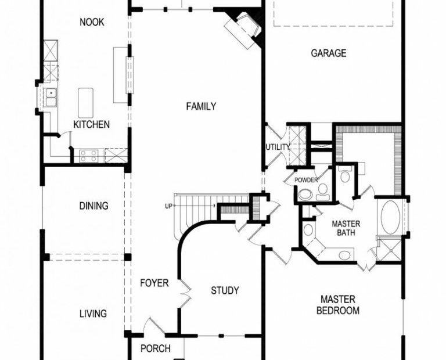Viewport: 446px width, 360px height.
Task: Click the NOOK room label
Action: click(x=92, y=22)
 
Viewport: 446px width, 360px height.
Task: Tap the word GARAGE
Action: click(x=329, y=53)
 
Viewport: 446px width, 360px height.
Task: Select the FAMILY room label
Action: click(x=201, y=106)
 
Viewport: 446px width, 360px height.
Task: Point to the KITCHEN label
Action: click(x=91, y=124)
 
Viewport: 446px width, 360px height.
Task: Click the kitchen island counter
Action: click(x=85, y=103)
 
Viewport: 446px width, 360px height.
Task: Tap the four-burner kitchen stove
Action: click(x=88, y=156)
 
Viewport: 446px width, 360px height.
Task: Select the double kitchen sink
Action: click(x=51, y=97)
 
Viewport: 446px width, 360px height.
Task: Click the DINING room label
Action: click(x=93, y=206)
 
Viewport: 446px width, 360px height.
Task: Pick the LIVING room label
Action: click(x=93, y=314)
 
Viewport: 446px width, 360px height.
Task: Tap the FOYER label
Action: click(x=154, y=283)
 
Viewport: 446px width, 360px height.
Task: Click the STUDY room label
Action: click(x=225, y=290)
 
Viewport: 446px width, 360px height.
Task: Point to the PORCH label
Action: click(x=156, y=348)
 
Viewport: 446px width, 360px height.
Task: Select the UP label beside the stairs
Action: click(x=168, y=206)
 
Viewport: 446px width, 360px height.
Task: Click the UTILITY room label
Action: click(x=278, y=147)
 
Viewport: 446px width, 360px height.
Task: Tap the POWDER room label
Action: click(x=306, y=180)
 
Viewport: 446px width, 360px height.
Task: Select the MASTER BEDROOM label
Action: click(x=338, y=305)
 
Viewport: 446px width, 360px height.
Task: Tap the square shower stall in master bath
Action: click(x=391, y=250)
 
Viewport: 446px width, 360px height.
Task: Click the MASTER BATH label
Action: click(x=346, y=228)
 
